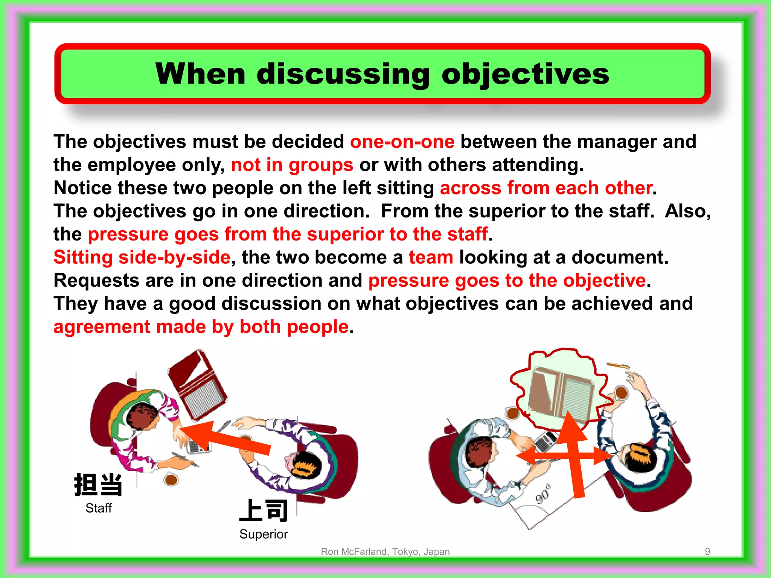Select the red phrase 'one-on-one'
[x=402, y=142]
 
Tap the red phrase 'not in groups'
[x=292, y=165]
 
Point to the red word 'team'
[x=431, y=258]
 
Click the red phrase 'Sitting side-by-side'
[x=142, y=258]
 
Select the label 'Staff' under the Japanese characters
[x=99, y=508]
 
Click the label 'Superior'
[x=264, y=534]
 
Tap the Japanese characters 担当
[x=98, y=485]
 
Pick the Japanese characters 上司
[x=264, y=511]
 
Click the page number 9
[x=707, y=551]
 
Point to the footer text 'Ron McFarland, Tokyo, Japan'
[x=385, y=551]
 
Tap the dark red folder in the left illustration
[x=197, y=384]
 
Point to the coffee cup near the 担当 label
[x=171, y=479]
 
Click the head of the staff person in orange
[x=142, y=416]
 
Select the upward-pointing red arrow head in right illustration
[x=571, y=427]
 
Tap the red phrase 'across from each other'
[x=546, y=188]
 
